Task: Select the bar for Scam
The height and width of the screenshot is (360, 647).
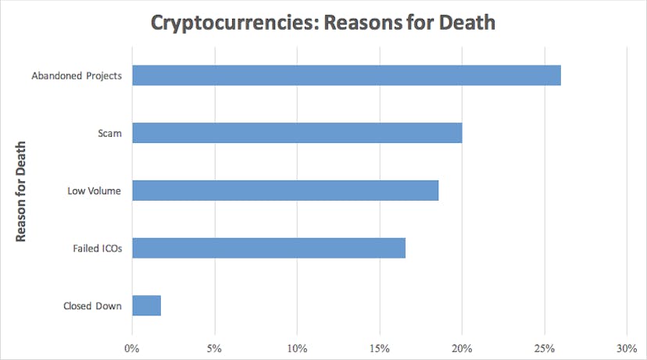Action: click(x=297, y=133)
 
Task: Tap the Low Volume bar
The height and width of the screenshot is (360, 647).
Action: click(x=285, y=191)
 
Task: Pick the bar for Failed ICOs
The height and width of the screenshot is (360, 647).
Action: click(x=269, y=248)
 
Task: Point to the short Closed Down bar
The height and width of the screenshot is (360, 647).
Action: click(x=147, y=305)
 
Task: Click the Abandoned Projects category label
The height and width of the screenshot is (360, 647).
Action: click(x=76, y=77)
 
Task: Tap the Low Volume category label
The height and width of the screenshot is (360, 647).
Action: click(x=95, y=191)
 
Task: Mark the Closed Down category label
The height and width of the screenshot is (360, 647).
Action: click(x=92, y=306)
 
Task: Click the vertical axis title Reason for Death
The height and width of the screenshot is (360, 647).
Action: click(x=23, y=191)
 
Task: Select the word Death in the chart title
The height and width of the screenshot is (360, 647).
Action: click(x=466, y=22)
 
